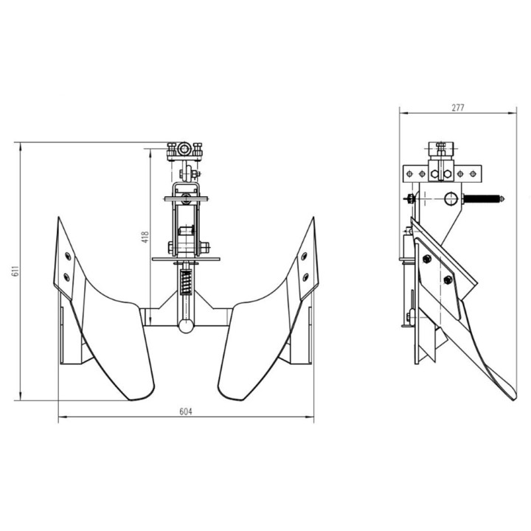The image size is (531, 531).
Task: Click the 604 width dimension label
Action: pos(186,412)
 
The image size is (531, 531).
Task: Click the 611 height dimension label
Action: pos(15,271)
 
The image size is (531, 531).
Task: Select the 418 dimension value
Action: pos(145,237)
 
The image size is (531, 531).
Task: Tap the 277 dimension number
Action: pos(458,108)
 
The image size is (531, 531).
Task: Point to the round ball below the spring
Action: pos(186,326)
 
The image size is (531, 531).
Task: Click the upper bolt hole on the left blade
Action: pos(68,256)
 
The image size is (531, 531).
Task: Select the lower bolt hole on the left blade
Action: pos(66,277)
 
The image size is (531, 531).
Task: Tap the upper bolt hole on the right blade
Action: pos(304,256)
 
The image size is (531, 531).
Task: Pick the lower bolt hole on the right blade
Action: pos(305,277)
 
